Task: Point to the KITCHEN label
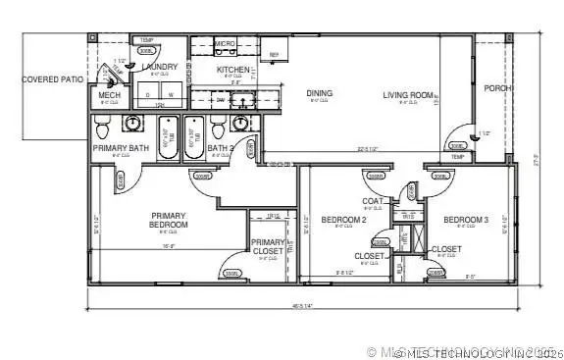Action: tap(233, 70)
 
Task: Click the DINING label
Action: tap(319, 94)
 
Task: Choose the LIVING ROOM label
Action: tap(409, 94)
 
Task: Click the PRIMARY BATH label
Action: tap(121, 148)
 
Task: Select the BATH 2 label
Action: tap(220, 148)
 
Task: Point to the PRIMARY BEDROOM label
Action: tap(169, 220)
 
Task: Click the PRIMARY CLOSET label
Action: tap(268, 247)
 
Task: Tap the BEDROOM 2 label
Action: tap(343, 219)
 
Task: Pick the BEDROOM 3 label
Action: tap(465, 219)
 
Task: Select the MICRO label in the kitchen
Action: tap(226, 43)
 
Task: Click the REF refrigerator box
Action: tap(275, 54)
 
